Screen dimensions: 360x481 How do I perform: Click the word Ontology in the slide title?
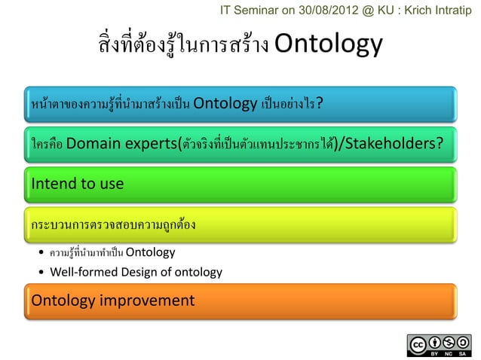tap(329, 45)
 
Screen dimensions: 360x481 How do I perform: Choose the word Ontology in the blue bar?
tap(225, 103)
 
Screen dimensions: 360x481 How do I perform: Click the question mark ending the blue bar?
tap(320, 103)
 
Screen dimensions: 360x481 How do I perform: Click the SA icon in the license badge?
tap(461, 342)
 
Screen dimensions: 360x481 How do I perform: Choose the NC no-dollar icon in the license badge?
tap(448, 342)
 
